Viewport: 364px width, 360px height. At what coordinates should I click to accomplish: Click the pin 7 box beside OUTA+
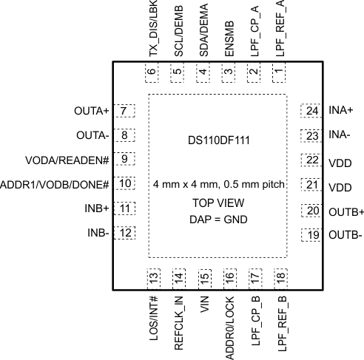click(124, 112)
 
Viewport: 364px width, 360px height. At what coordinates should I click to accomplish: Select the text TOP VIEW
click(217, 203)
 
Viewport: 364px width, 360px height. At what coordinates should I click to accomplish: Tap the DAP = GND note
click(217, 220)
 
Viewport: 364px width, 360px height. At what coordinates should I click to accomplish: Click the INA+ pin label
click(340, 110)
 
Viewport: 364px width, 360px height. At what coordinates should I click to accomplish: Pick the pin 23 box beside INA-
click(310, 135)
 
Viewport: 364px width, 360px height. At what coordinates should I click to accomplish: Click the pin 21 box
click(310, 186)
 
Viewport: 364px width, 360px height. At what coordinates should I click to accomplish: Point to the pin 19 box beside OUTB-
click(310, 236)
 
